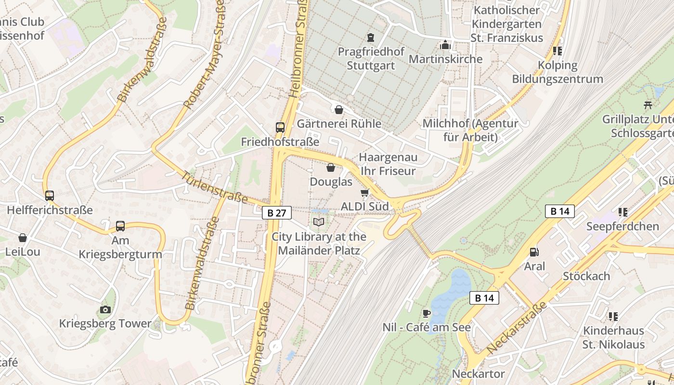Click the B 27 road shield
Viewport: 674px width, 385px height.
277,213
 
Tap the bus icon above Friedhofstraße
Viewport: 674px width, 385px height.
280,127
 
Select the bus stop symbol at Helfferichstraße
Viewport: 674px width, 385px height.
49,195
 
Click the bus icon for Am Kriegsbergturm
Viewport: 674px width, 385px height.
120,226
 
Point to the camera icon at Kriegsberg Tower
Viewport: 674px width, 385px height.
105,309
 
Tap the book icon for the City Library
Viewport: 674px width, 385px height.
318,222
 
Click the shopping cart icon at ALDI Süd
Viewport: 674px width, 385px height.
364,192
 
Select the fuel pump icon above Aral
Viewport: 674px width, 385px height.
534,252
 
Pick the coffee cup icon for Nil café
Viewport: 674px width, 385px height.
426,313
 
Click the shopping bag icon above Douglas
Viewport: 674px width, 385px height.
331,167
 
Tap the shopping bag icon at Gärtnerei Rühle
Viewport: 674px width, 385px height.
339,110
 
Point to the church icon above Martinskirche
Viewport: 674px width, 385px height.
445,45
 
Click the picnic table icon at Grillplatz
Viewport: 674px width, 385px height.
648,104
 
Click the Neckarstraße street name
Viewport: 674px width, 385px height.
517,328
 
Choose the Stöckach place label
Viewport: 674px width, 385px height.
586,276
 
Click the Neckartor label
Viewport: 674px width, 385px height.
478,373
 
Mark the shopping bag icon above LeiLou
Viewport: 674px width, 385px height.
23,238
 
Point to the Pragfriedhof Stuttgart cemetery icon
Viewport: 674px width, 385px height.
370,37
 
